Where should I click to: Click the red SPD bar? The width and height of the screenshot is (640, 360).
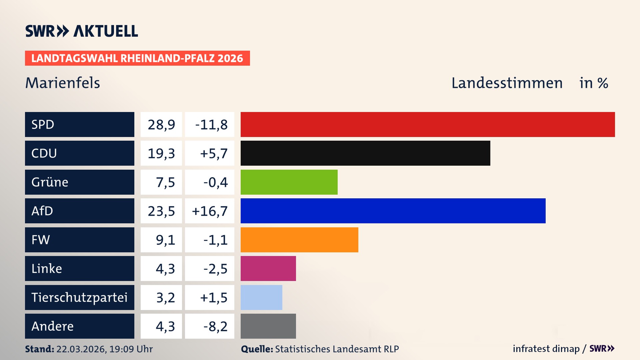[428, 124]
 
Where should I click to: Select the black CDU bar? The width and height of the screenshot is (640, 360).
[365, 153]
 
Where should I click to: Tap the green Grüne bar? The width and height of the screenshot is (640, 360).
[289, 182]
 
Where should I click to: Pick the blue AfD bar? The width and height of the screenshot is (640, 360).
[393, 211]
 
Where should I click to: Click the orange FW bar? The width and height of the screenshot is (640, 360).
[299, 240]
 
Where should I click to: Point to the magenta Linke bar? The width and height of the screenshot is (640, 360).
[268, 268]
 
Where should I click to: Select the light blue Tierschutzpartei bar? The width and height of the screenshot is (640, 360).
[261, 297]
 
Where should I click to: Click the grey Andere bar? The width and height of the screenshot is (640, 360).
[268, 326]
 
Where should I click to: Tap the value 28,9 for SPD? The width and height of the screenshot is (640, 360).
[161, 125]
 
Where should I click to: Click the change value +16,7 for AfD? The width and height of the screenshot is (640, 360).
[210, 211]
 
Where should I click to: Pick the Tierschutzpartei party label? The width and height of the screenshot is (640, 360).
[79, 297]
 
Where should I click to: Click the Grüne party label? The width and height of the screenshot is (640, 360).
[50, 182]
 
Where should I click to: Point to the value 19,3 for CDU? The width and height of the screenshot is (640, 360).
[161, 153]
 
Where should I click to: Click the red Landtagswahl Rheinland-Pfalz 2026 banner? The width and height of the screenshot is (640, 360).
[137, 58]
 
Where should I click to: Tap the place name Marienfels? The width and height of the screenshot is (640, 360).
[63, 83]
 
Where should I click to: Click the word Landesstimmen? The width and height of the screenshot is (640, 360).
[507, 83]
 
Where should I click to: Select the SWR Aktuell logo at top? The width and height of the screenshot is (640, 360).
[82, 31]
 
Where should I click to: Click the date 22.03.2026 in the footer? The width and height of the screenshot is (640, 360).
[81, 349]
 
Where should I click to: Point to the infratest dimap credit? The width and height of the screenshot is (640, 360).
[546, 349]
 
